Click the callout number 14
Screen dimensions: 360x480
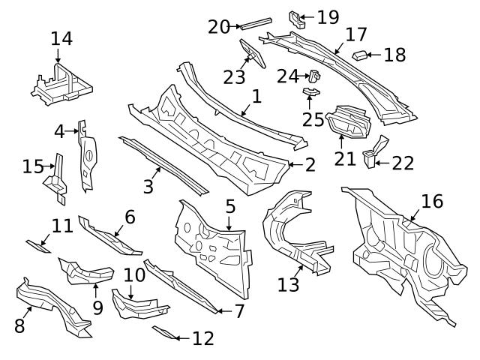pos(61,38)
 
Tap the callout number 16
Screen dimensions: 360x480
pos(432,201)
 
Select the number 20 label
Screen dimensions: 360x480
pos(218,26)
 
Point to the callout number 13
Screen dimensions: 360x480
pos(289,284)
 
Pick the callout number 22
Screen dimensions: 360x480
pos(403,163)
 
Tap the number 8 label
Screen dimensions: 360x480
pos(19,325)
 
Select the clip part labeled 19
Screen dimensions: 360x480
pos(297,18)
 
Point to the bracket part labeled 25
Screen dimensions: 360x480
pos(312,92)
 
